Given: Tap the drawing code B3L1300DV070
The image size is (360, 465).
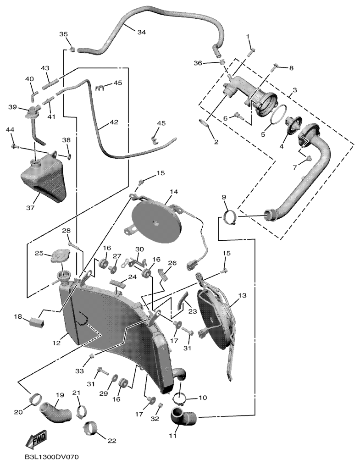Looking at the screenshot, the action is [x=52, y=457].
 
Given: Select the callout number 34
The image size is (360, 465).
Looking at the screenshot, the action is [x=141, y=32].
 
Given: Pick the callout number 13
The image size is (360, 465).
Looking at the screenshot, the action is [x=242, y=295].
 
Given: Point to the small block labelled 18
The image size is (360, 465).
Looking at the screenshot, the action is [x=37, y=321].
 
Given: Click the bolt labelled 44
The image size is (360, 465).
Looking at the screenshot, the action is [x=15, y=146].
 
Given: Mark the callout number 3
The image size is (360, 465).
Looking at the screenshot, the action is [x=295, y=89].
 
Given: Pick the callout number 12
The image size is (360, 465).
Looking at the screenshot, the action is [x=56, y=343].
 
